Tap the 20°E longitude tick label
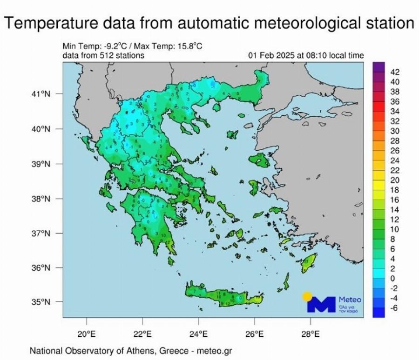tap(87, 333)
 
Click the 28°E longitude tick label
tap(311, 333)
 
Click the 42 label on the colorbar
tap(394, 72)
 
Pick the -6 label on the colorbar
tap(393, 307)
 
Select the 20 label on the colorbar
tap(394, 180)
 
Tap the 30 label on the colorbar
tap(394, 131)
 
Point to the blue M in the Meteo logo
tap(321, 305)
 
